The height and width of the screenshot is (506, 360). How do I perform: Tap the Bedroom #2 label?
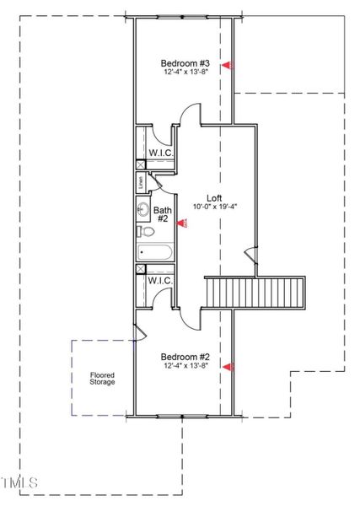185,357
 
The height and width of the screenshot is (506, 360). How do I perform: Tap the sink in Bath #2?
143,209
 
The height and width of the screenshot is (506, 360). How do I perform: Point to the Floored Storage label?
103,378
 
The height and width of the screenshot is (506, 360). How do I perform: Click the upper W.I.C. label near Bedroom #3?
160,153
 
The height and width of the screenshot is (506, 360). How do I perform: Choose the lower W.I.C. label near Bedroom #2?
160,280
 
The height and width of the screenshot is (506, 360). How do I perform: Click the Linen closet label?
140,183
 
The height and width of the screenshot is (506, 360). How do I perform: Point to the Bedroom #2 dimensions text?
185,366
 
